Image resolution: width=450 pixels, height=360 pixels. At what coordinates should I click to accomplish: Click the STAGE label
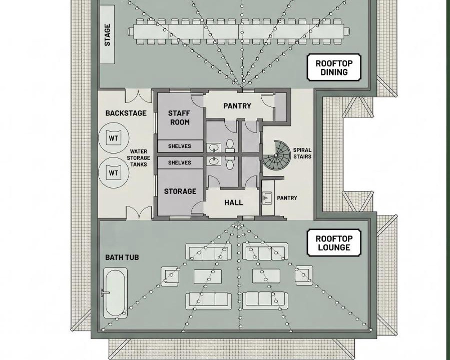tap(107, 34)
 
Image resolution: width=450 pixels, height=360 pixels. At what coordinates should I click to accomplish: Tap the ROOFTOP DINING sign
tap(334, 67)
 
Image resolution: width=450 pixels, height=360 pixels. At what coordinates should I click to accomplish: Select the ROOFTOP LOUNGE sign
tap(334, 243)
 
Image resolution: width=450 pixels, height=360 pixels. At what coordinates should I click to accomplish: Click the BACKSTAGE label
tap(126, 113)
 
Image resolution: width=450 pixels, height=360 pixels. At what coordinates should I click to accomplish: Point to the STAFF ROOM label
tap(180, 117)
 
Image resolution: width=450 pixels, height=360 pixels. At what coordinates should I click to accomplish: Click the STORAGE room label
tap(180, 191)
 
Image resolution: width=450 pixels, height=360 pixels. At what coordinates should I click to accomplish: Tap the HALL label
tap(234, 202)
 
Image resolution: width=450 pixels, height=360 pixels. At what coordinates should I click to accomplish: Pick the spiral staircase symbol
tap(276, 155)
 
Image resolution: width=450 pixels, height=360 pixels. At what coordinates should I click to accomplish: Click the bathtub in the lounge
tap(115, 292)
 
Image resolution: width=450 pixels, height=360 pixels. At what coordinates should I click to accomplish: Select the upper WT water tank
tap(113, 138)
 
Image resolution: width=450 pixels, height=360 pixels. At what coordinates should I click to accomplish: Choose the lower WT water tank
tap(113, 173)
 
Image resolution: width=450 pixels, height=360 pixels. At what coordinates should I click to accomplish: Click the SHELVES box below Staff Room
tap(180, 146)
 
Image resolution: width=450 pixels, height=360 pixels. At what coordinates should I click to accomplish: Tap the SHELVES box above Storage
tap(180, 162)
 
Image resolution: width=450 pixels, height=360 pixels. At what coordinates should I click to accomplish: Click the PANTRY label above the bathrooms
tap(237, 106)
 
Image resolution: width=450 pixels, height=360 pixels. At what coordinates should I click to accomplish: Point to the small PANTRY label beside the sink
tap(287, 198)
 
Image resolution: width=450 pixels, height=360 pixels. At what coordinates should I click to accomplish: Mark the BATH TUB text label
tap(122, 257)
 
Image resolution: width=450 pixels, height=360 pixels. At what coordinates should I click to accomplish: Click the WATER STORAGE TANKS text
tap(139, 158)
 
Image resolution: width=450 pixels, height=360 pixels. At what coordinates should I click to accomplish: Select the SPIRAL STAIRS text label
tap(302, 153)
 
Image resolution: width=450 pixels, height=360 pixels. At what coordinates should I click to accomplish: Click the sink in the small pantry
tap(267, 197)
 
